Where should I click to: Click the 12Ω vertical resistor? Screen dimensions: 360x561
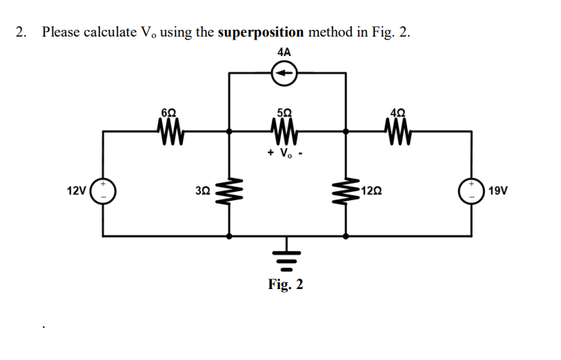click(344, 191)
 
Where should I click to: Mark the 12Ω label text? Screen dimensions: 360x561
click(371, 191)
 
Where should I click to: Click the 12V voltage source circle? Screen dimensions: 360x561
click(102, 191)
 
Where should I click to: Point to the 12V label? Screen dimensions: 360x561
click(75, 191)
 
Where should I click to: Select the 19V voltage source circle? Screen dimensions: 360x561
click(471, 191)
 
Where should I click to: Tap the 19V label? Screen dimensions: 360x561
click(498, 191)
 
